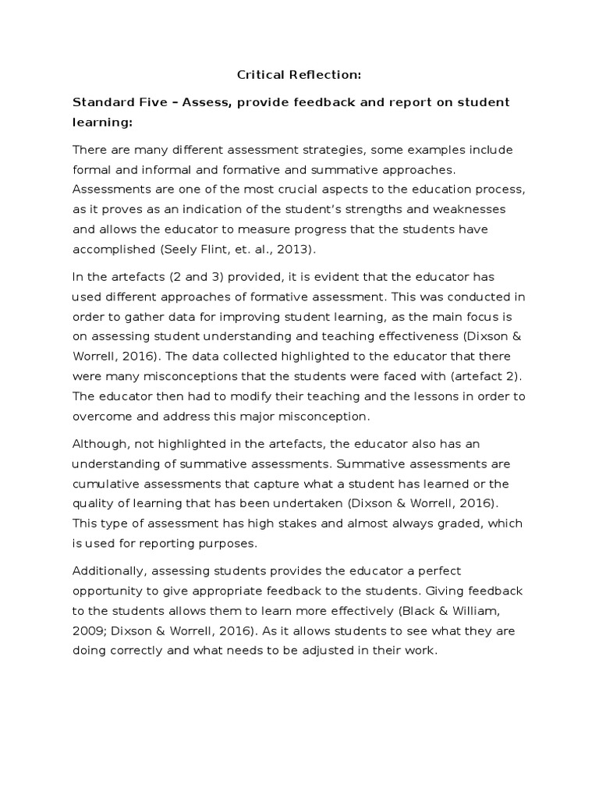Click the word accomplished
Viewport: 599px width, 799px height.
108,250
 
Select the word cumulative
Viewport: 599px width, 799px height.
106,483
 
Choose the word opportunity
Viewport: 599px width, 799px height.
109,591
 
